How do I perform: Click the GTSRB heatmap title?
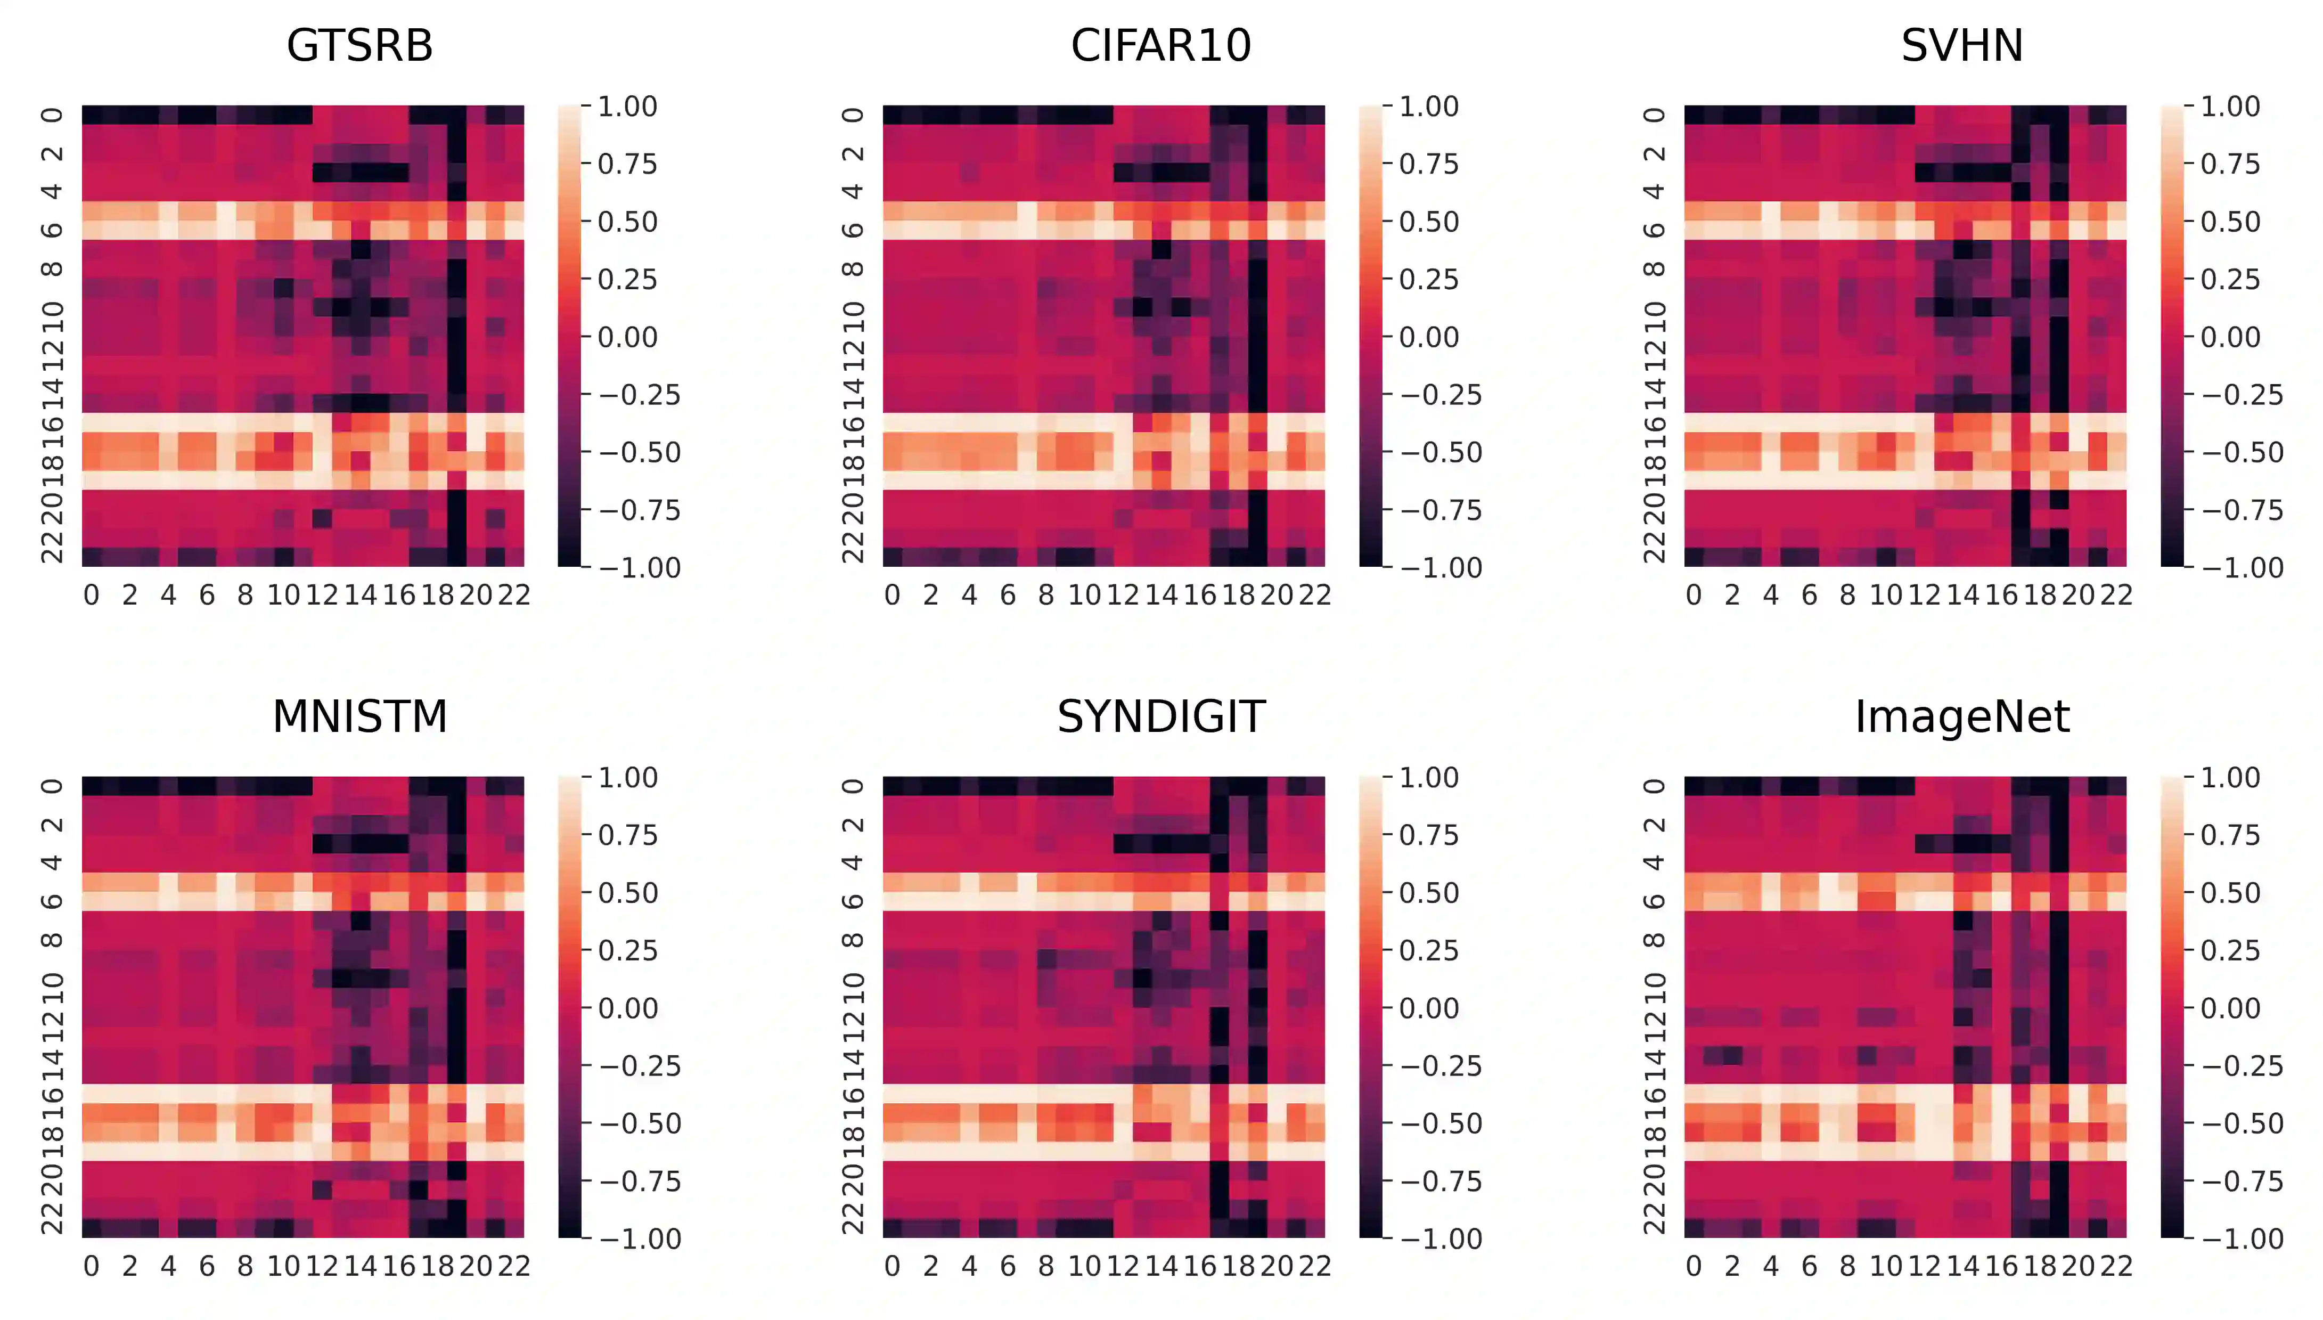coord(360,45)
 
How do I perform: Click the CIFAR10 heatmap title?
coord(1161,45)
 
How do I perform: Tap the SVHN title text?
coord(1962,45)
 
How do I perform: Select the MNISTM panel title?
coord(360,716)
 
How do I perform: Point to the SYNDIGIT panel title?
coord(1161,716)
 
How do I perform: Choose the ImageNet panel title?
coord(1962,716)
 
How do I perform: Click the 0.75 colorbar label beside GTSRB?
coord(627,164)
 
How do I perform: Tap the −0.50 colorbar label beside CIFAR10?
coord(1441,452)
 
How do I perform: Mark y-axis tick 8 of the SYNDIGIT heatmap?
coord(852,939)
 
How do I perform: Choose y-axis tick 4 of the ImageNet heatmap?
coord(1653,862)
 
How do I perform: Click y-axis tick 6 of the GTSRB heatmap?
coord(52,230)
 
